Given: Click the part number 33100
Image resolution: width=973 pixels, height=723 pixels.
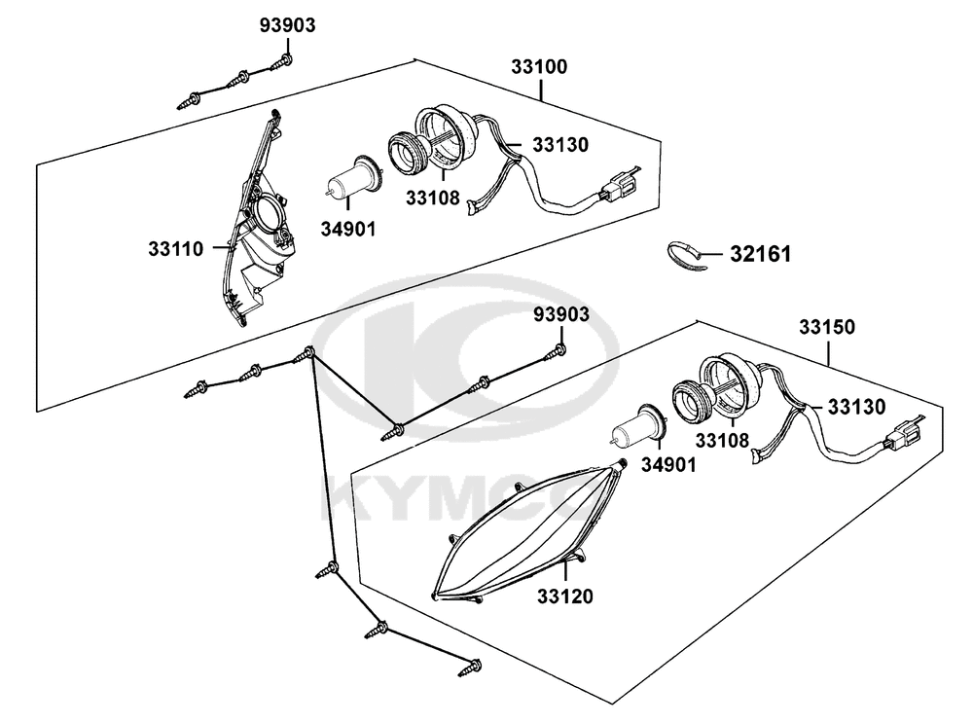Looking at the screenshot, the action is click(x=539, y=67).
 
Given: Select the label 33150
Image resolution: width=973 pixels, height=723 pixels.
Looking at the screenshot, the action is click(x=826, y=327).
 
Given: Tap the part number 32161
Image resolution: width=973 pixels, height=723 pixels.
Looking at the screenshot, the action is click(x=760, y=254).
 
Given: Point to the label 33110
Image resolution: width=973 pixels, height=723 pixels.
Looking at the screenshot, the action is click(x=175, y=249).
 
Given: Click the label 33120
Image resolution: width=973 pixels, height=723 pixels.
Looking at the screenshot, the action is click(x=564, y=596).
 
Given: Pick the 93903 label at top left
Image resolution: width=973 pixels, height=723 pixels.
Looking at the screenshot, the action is click(x=287, y=25).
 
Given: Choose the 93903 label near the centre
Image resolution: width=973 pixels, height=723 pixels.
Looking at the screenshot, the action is click(x=561, y=314).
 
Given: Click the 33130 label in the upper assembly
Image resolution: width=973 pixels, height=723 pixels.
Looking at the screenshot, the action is click(x=560, y=145).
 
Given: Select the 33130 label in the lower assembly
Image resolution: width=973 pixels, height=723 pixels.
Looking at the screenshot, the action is click(x=857, y=407).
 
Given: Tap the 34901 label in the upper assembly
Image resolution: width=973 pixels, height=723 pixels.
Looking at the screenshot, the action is click(x=348, y=229).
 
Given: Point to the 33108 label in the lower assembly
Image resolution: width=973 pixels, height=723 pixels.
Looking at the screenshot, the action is click(x=722, y=440).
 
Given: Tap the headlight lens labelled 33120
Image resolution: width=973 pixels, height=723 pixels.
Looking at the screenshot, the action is click(x=527, y=531).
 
